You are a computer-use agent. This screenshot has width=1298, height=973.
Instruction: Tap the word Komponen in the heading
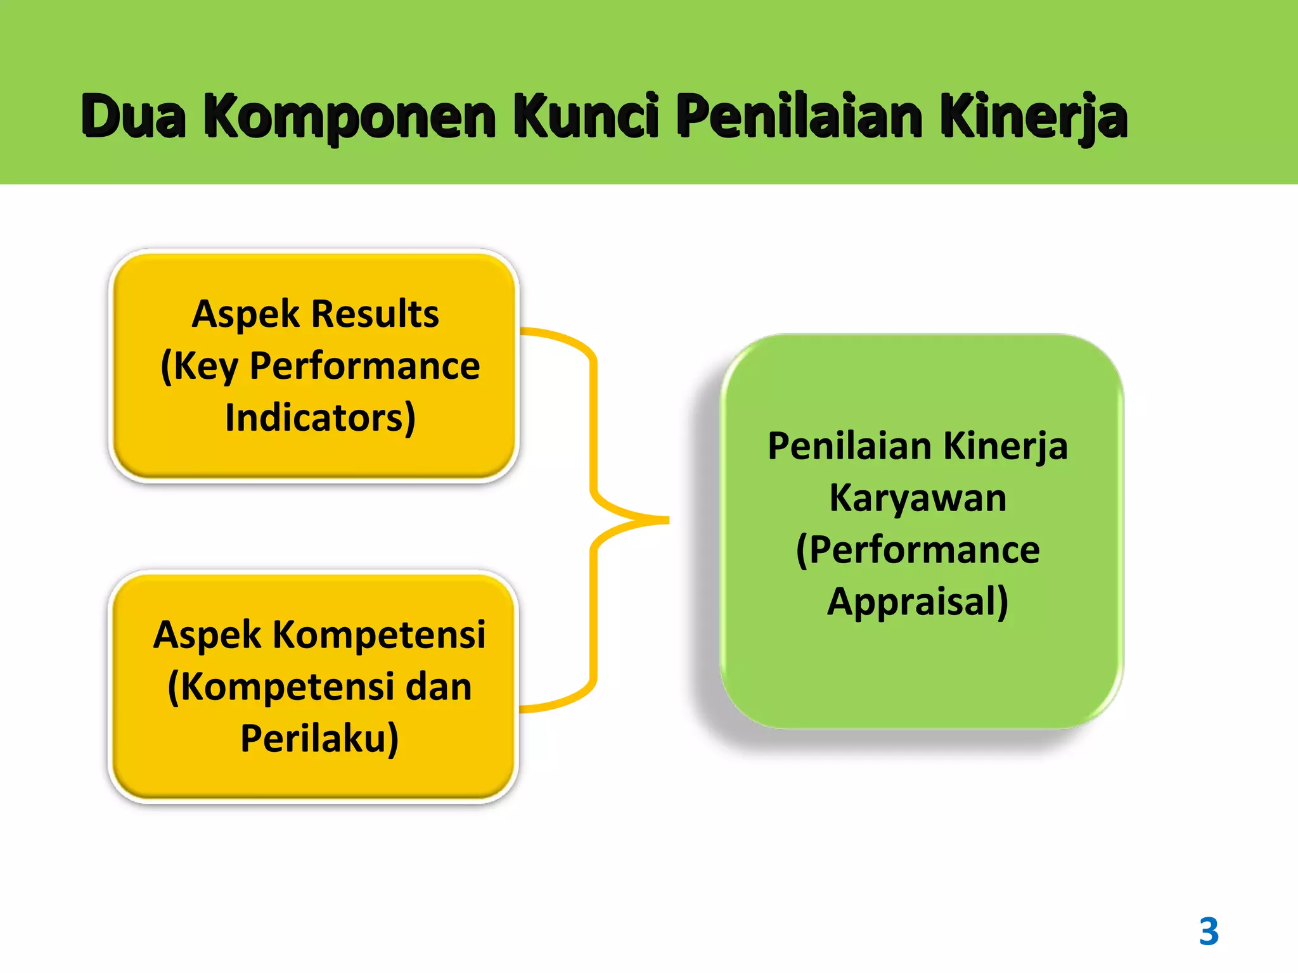tap(350, 117)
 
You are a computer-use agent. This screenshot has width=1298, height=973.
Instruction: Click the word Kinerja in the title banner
tap(1033, 117)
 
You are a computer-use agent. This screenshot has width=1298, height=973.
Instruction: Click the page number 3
tap(1209, 932)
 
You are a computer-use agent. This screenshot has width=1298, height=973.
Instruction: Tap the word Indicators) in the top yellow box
tap(320, 418)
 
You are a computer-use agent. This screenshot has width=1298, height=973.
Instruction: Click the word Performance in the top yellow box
tap(365, 366)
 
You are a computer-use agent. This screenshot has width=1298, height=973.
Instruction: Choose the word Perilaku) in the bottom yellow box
tap(319, 739)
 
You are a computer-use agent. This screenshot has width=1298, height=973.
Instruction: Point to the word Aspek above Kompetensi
tap(207, 635)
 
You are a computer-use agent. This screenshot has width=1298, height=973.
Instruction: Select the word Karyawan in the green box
tap(918, 498)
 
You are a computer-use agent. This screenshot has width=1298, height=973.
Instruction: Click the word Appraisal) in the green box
tap(918, 602)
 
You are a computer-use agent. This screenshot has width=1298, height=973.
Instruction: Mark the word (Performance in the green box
tap(918, 550)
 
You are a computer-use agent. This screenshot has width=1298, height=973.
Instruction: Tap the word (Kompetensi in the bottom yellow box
tap(281, 687)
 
